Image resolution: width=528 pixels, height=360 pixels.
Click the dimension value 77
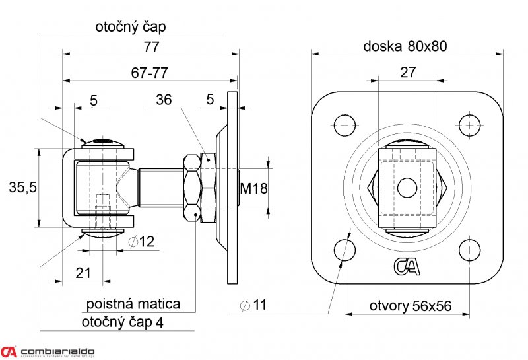pos(151,47)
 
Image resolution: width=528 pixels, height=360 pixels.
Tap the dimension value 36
pos(164,100)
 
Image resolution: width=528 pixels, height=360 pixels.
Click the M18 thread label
pos(253,188)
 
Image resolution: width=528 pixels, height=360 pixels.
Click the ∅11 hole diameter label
pos(253,305)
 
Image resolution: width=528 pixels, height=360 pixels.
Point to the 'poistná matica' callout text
pos(133,305)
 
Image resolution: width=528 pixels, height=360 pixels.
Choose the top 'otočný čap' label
pos(131,27)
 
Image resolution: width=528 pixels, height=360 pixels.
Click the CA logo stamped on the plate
pos(406,266)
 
